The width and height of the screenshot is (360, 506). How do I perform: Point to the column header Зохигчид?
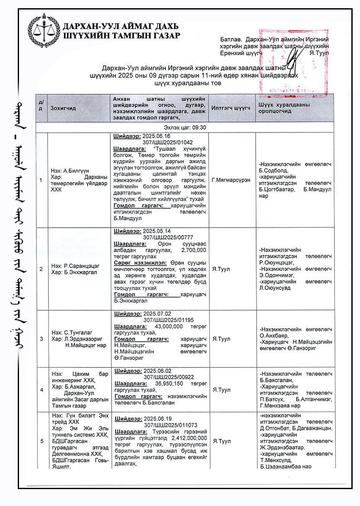[x=63, y=108]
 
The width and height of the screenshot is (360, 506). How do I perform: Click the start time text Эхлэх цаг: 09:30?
[x=185, y=127]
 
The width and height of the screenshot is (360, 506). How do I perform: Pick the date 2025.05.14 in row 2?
[x=157, y=231]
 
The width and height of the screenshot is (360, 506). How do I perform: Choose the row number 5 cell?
[x=41, y=441]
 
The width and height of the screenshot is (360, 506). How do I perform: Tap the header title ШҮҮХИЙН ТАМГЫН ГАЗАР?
[x=121, y=35]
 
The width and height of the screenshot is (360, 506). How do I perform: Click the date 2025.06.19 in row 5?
[x=157, y=419]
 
